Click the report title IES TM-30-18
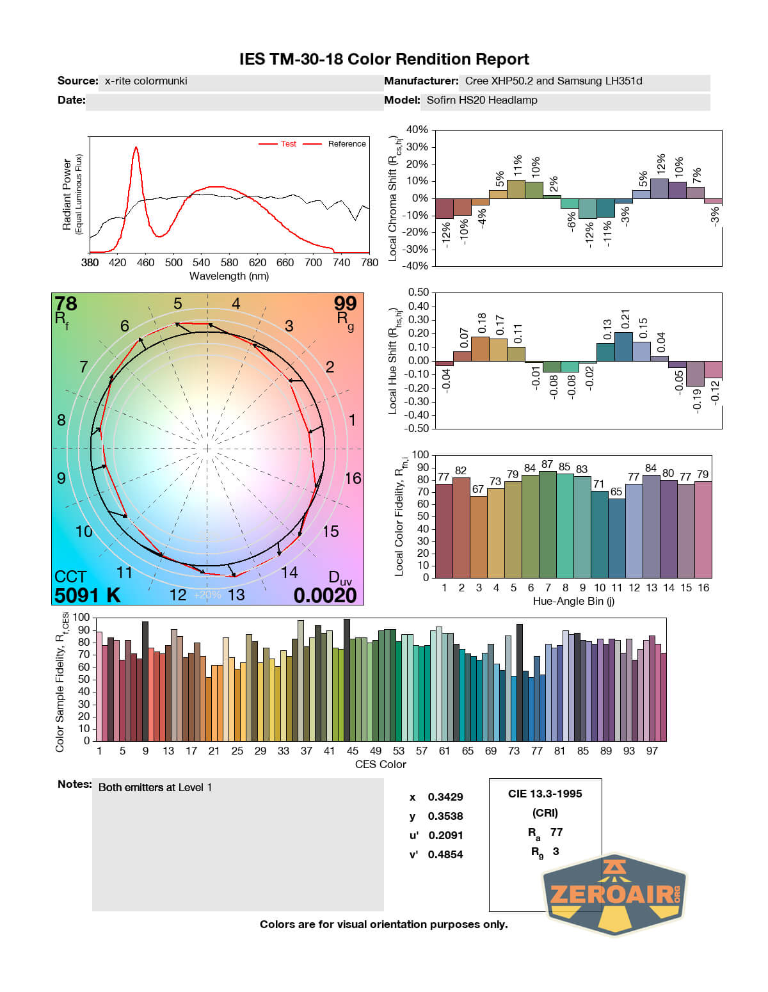tap(384, 60)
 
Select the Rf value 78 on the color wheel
tap(65, 303)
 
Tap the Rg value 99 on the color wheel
tap(345, 303)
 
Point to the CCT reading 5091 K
tap(88, 595)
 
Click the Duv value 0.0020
tap(325, 595)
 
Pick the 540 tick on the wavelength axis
tap(201, 262)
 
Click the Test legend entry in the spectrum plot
tap(288, 144)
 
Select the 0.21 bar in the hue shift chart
tap(624, 346)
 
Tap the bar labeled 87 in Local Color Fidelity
tap(547, 524)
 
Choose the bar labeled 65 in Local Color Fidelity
tap(616, 538)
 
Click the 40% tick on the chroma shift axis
tap(417, 130)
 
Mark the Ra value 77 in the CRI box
tap(556, 832)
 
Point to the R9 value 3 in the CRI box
tap(556, 851)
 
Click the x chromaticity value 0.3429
tap(445, 797)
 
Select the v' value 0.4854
tap(445, 854)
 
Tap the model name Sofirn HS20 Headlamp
tap(482, 100)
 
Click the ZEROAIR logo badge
tap(614, 894)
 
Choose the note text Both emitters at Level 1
tap(155, 787)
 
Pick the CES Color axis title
tap(380, 764)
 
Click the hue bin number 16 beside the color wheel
tap(353, 478)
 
